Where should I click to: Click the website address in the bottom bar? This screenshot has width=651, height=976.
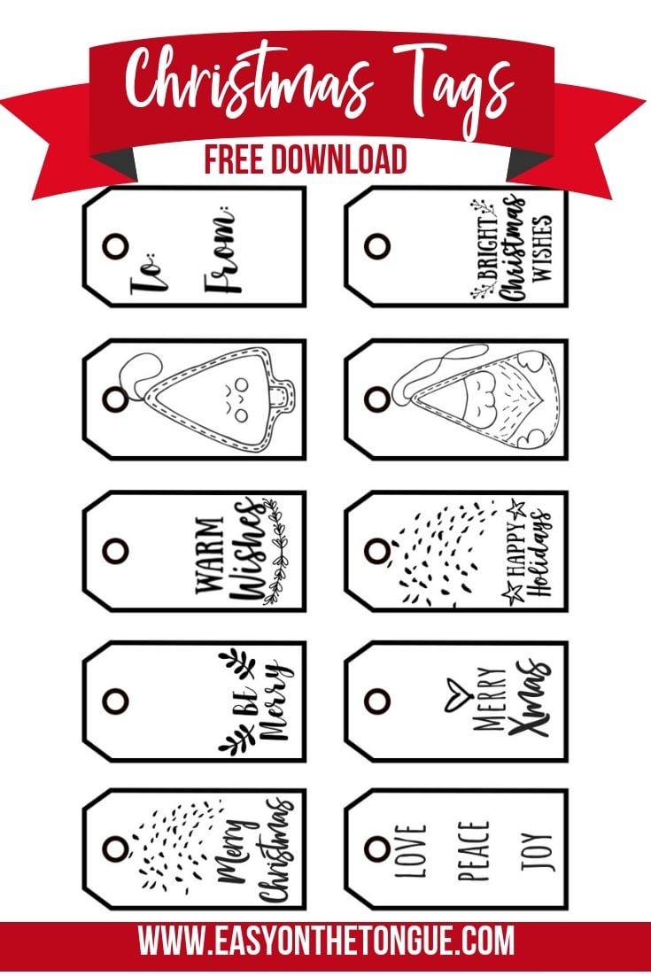[326, 941]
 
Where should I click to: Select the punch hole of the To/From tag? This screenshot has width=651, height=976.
[116, 246]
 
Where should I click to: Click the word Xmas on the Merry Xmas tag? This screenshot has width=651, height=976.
[529, 698]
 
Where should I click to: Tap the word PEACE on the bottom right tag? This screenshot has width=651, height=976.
[474, 851]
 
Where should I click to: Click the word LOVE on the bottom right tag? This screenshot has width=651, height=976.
[411, 851]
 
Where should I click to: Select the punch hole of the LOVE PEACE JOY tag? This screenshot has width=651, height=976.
[377, 849]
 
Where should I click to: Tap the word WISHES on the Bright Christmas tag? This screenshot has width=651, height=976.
[542, 248]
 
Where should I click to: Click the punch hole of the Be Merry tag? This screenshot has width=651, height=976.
[116, 701]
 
